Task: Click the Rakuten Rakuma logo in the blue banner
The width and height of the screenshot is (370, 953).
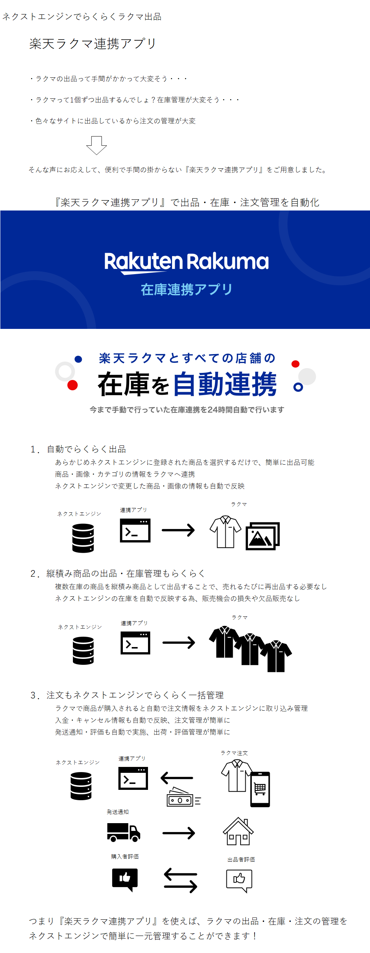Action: tap(186, 262)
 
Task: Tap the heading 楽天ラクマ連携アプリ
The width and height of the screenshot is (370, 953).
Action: tap(93, 44)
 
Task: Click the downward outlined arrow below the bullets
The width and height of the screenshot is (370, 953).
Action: tap(97, 145)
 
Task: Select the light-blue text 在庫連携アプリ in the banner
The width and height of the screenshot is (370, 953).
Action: tap(186, 289)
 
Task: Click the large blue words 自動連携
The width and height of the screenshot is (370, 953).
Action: tap(225, 384)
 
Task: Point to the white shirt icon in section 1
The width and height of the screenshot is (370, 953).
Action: tap(225, 532)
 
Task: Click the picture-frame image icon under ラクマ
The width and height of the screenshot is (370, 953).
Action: tap(262, 536)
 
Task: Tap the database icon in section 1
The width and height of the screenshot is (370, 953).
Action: tap(83, 538)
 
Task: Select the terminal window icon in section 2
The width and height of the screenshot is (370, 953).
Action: tap(135, 643)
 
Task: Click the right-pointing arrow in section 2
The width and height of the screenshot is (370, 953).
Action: tap(179, 643)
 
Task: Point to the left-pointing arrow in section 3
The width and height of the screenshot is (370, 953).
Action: tap(177, 778)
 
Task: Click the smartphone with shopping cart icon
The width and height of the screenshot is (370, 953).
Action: tap(260, 789)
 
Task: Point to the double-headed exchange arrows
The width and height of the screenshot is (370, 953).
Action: tap(181, 880)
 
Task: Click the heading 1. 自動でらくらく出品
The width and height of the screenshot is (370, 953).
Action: tap(78, 449)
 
